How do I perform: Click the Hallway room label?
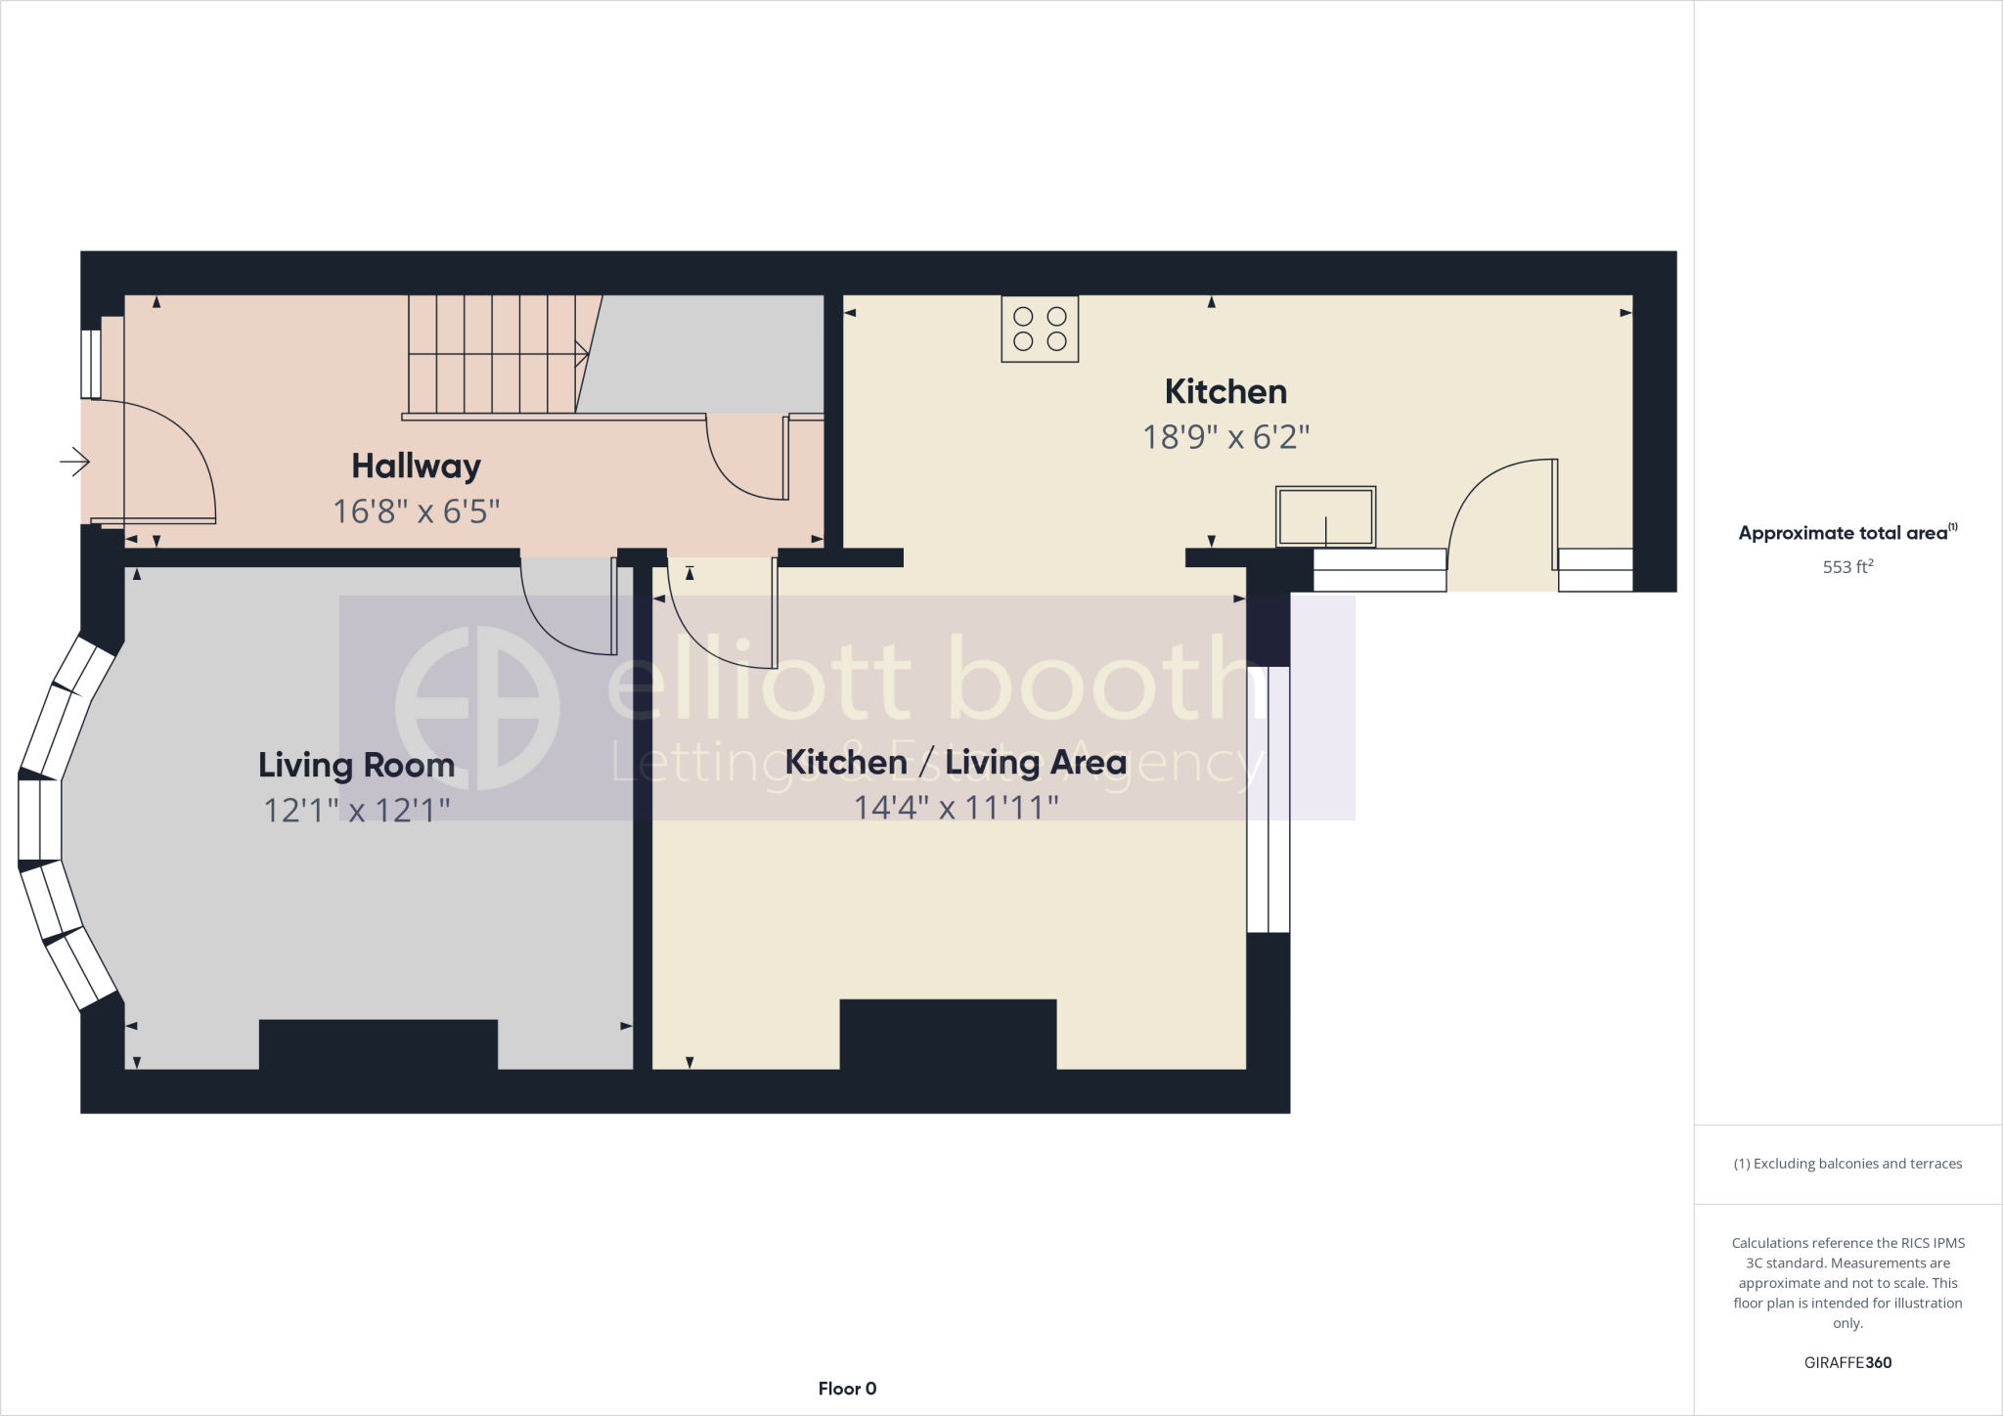tap(416, 466)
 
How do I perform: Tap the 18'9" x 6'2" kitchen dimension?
tap(1225, 436)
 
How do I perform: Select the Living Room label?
tap(356, 765)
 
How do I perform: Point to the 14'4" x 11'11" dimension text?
tap(956, 808)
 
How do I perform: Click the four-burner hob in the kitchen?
tap(1040, 330)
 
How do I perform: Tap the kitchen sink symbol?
tap(1325, 517)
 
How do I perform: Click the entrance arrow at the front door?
tap(75, 461)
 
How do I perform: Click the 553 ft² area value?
tap(1847, 566)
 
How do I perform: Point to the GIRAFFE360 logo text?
tap(1847, 1362)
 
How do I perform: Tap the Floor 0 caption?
tap(847, 1389)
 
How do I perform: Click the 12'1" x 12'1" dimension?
tap(356, 811)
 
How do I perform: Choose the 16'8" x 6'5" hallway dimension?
tap(416, 511)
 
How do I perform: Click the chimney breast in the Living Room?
tap(378, 1044)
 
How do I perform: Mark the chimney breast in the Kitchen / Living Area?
tap(948, 1034)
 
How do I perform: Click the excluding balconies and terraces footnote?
tap(1847, 1164)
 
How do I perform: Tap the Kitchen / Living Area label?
tap(956, 763)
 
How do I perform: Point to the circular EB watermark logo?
tap(477, 707)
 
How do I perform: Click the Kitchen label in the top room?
tap(1225, 392)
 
